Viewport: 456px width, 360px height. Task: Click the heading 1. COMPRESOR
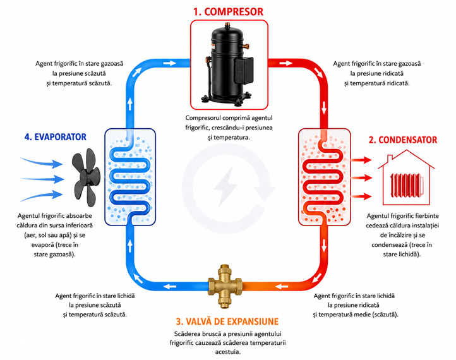coord(228,12)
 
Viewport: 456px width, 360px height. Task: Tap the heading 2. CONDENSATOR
coord(403,140)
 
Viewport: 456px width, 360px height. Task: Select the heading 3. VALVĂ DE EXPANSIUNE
coord(227,321)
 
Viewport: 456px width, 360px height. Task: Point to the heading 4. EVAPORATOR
coord(55,137)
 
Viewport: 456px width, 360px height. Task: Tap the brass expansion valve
coord(225,286)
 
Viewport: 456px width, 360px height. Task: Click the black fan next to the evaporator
coord(86,177)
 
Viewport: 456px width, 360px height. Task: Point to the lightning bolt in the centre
coord(225,186)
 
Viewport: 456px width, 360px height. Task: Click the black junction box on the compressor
coord(244,71)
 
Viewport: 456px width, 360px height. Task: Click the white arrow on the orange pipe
coord(281,287)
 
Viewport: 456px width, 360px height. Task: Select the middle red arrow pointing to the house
coord(362,177)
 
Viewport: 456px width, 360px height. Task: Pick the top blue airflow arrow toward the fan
coord(40,162)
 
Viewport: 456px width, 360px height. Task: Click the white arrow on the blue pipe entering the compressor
coord(169,63)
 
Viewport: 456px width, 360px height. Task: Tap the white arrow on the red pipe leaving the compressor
coord(286,63)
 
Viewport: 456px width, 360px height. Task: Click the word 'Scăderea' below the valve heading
coord(187,333)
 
